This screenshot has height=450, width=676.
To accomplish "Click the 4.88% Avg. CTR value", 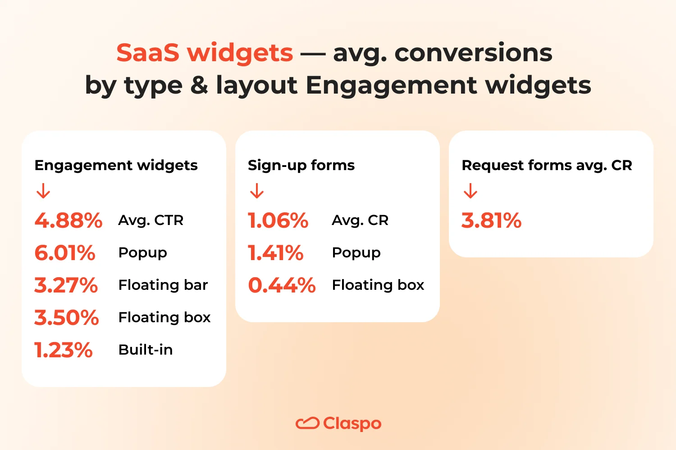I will tap(69, 220).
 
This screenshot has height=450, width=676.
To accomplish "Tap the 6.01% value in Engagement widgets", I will tap(65, 253).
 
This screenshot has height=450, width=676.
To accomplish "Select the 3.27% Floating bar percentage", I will tap(66, 285).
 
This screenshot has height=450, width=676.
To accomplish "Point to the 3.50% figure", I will tap(67, 318).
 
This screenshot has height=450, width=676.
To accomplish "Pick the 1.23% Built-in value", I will tap(64, 350).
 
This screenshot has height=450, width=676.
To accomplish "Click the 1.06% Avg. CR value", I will tap(278, 220).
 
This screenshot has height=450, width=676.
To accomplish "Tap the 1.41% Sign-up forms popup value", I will tap(276, 253).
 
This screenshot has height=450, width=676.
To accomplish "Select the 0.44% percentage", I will tap(282, 285).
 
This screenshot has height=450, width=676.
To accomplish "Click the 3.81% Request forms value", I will tap(491, 220).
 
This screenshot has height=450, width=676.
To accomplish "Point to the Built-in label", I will tap(146, 350).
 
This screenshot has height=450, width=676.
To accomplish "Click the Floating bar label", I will tap(163, 285).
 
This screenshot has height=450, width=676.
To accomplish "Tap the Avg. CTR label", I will tap(151, 220).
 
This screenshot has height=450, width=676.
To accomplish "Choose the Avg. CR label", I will tap(360, 220).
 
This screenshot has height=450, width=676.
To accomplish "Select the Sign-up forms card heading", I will tap(301, 165).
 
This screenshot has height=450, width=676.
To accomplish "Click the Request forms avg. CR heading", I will tap(547, 165).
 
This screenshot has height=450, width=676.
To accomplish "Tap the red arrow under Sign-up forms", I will tap(257, 191).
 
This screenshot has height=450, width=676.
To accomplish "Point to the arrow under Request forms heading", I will tap(470, 191).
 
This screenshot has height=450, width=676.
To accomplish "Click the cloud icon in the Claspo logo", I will tap(307, 423).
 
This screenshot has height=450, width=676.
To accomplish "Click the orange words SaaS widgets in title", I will tap(205, 53).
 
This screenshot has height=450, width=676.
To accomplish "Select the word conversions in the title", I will tap(473, 53).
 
